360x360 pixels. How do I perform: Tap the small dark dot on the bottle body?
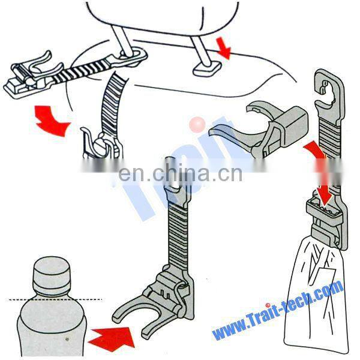67,339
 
